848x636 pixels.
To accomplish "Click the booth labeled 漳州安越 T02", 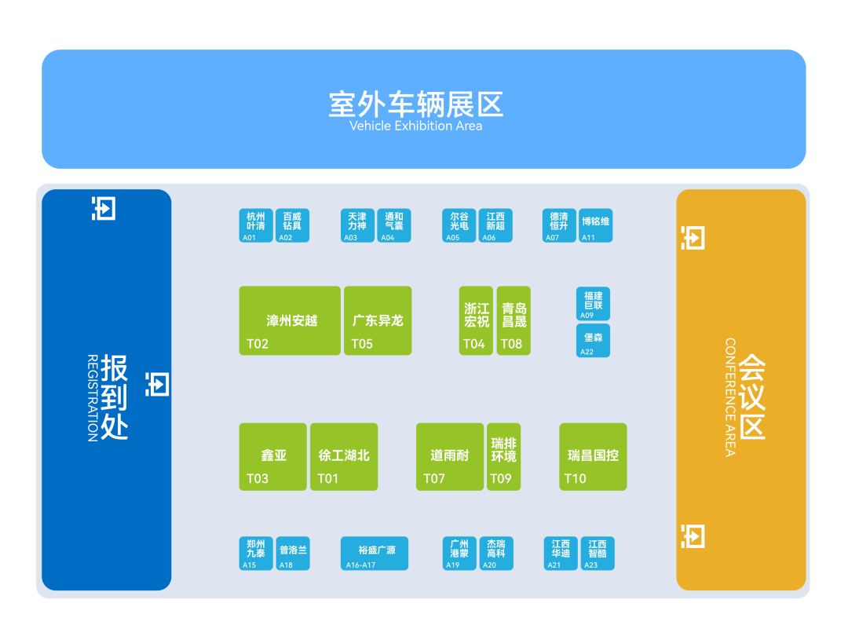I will pyautogui.click(x=290, y=320).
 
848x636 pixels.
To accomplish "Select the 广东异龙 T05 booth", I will pyautogui.click(x=378, y=320).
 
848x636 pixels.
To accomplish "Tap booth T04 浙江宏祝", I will pyautogui.click(x=476, y=320).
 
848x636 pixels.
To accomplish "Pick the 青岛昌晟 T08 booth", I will pyautogui.click(x=514, y=320).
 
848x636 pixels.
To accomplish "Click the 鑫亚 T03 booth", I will pyautogui.click(x=272, y=457).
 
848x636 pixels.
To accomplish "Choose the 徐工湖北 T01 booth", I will pyautogui.click(x=344, y=457).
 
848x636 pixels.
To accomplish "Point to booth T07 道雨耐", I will pyautogui.click(x=449, y=457).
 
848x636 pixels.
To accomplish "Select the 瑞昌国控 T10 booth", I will pyautogui.click(x=593, y=457).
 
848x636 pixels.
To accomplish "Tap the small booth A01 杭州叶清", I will pyautogui.click(x=256, y=225).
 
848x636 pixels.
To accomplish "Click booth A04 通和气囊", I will pyautogui.click(x=393, y=225).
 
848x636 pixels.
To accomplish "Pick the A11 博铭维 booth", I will pyautogui.click(x=595, y=225).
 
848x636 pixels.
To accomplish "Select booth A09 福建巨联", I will pyautogui.click(x=593, y=304).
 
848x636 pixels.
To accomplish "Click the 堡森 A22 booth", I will pyautogui.click(x=593, y=340).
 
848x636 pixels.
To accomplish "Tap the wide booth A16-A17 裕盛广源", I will pyautogui.click(x=375, y=554).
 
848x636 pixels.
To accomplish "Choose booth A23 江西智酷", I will pyautogui.click(x=598, y=554).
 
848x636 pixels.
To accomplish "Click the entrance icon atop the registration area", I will pyautogui.click(x=104, y=208).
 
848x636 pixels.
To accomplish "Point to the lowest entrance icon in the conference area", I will pyautogui.click(x=693, y=536).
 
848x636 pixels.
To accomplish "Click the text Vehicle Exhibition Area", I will pyautogui.click(x=415, y=126).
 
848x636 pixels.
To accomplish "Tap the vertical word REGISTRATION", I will pyautogui.click(x=93, y=397).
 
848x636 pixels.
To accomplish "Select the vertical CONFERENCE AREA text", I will pyautogui.click(x=730, y=397).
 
